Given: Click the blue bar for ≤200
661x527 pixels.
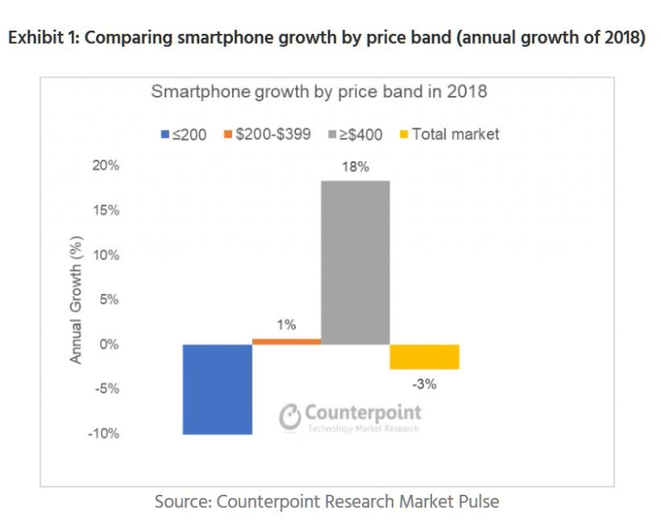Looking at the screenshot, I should click(x=217, y=389).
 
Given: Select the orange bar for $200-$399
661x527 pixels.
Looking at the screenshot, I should click(x=287, y=341).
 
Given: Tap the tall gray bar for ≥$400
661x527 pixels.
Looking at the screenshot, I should click(x=355, y=262).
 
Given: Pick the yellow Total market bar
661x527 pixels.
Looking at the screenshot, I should click(x=424, y=357).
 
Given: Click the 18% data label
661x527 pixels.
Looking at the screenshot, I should click(x=356, y=167).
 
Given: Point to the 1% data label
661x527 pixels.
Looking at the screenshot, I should click(x=287, y=325).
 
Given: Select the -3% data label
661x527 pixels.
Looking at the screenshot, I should click(x=425, y=383).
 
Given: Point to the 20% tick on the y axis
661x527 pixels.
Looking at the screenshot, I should click(x=106, y=165).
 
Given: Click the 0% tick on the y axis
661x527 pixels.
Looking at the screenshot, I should click(x=109, y=344).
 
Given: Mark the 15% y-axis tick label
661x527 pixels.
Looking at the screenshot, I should click(x=106, y=211).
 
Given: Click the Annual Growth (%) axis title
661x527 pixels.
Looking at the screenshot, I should click(x=76, y=300).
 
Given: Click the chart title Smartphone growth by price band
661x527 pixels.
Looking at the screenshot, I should click(x=318, y=92).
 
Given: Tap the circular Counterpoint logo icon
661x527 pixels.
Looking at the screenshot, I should click(x=289, y=417).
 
